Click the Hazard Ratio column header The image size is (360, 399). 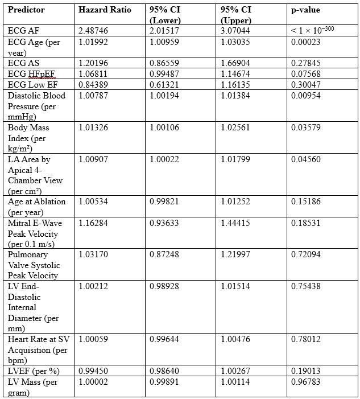point(105,10)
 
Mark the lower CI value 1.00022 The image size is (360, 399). point(164,159)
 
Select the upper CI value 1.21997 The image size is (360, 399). point(235,254)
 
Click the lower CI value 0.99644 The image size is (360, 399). point(164,339)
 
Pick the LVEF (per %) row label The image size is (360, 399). point(33,371)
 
